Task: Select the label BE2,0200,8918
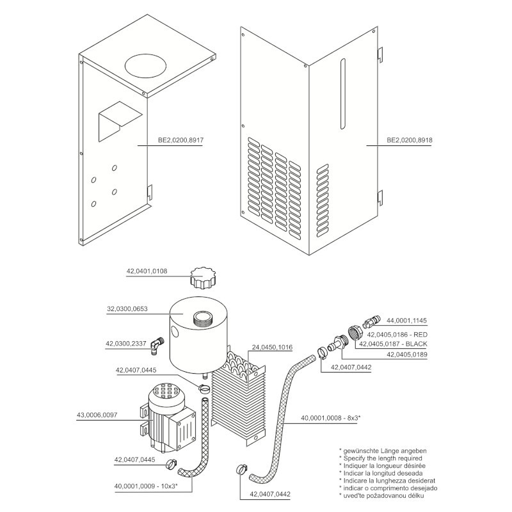pos(409,140)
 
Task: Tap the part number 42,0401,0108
pos(147,271)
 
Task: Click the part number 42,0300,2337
pos(126,344)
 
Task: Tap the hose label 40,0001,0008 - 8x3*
pos(330,419)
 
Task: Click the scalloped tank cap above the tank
pos(204,280)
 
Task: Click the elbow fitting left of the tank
pos(156,346)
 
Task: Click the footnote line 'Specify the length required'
pos(381,458)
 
